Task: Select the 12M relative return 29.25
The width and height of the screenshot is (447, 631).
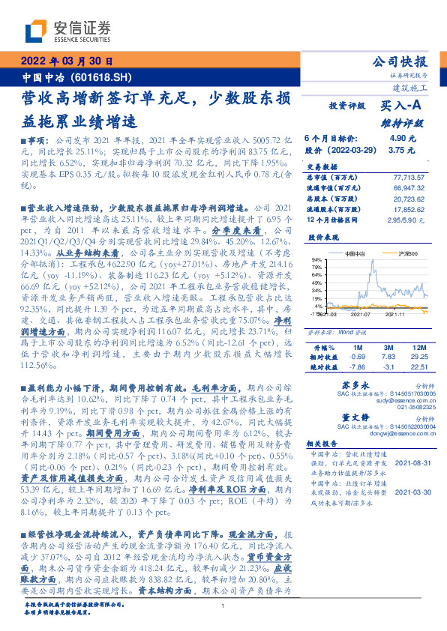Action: (x=418, y=357)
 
